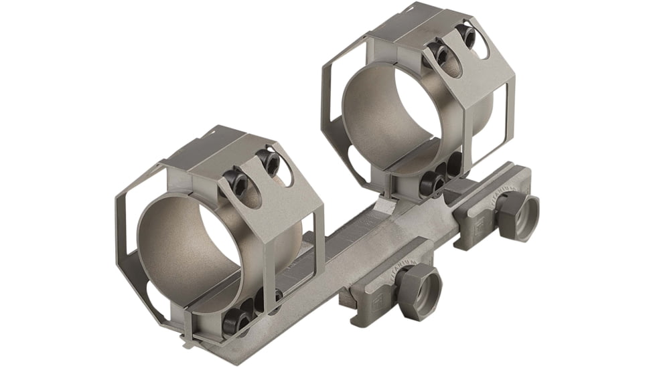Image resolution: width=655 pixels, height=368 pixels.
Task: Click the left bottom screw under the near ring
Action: [238, 320]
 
